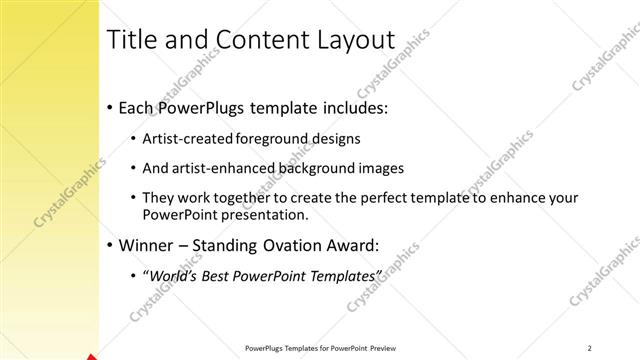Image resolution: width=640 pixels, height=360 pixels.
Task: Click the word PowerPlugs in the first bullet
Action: [201, 108]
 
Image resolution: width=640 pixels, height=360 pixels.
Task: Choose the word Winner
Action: [146, 244]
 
